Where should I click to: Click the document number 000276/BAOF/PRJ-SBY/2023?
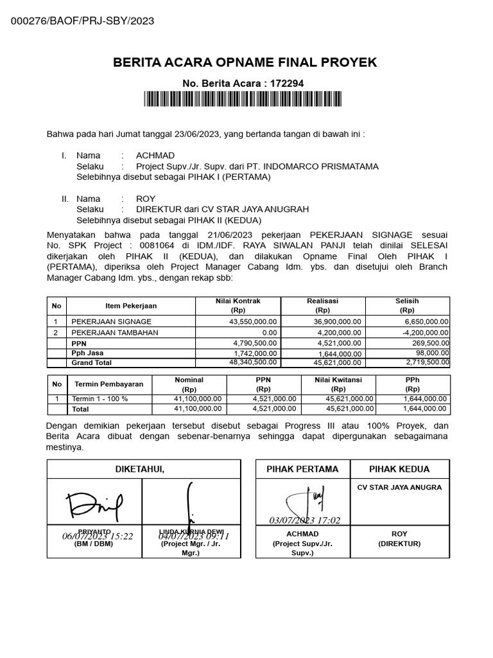pos(81,21)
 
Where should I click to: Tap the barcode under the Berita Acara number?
pos(243,100)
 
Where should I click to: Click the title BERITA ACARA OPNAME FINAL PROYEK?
pos(245,62)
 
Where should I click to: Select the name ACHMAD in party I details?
pos(155,156)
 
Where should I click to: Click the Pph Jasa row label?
pos(87,353)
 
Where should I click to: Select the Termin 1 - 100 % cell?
pos(100,399)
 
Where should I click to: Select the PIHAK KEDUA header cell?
pos(399,469)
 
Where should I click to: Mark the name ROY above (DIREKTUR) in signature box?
pos(399,534)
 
